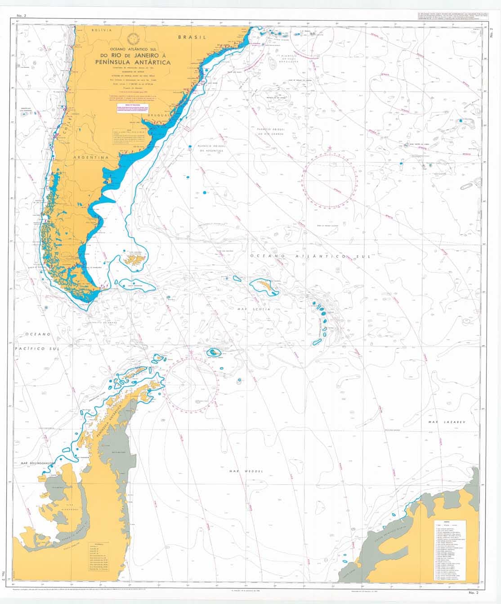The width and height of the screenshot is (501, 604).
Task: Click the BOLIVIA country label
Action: coord(101,30)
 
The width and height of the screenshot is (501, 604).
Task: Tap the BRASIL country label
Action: coord(191,37)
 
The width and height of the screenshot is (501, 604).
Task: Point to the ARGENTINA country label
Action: coord(92,158)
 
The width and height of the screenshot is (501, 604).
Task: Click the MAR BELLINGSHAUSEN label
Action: coord(37,462)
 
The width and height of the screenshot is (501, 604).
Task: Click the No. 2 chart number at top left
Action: coord(21,16)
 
